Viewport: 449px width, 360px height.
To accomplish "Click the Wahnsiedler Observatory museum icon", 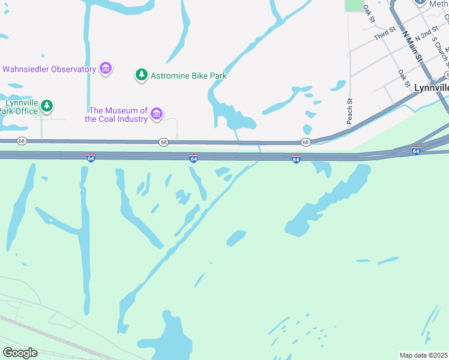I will (106, 69).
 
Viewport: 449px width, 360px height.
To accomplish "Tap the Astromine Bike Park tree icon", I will (141, 75).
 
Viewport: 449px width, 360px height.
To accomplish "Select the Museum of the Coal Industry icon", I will (157, 113).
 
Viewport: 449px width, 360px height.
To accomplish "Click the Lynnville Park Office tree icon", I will (47, 107).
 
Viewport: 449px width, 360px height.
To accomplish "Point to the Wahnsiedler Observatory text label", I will (49, 69).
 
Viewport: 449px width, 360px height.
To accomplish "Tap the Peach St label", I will (349, 112).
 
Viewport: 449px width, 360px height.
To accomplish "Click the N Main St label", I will (413, 46).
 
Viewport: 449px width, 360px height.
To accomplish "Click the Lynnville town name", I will (431, 88).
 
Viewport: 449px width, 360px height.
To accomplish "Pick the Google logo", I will (20, 352).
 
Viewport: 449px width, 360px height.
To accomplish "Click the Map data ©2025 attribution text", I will (423, 355).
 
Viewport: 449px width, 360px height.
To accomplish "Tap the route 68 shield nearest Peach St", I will (306, 142).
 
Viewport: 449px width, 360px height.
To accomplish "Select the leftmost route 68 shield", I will (22, 141).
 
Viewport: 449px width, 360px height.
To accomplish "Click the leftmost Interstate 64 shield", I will (91, 158).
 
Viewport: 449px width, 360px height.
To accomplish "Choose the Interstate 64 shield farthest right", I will (416, 151).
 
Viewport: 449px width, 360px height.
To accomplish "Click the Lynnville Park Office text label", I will (19, 107).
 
